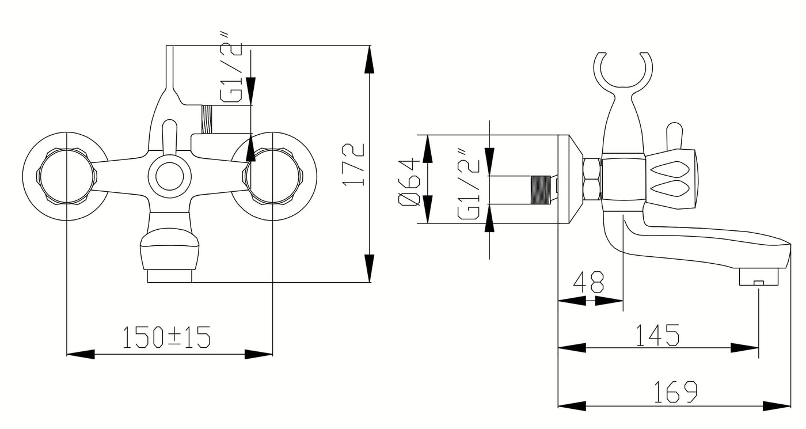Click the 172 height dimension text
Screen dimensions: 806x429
click(353, 165)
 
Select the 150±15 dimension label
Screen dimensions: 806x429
click(166, 337)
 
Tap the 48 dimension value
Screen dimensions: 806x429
click(588, 282)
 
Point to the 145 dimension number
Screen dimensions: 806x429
click(657, 335)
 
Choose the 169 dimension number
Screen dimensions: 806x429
click(675, 392)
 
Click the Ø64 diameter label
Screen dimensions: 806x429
click(409, 181)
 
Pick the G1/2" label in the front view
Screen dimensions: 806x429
click(230, 67)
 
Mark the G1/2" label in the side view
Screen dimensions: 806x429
click(469, 183)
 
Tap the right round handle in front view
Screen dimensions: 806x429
click(273, 177)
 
